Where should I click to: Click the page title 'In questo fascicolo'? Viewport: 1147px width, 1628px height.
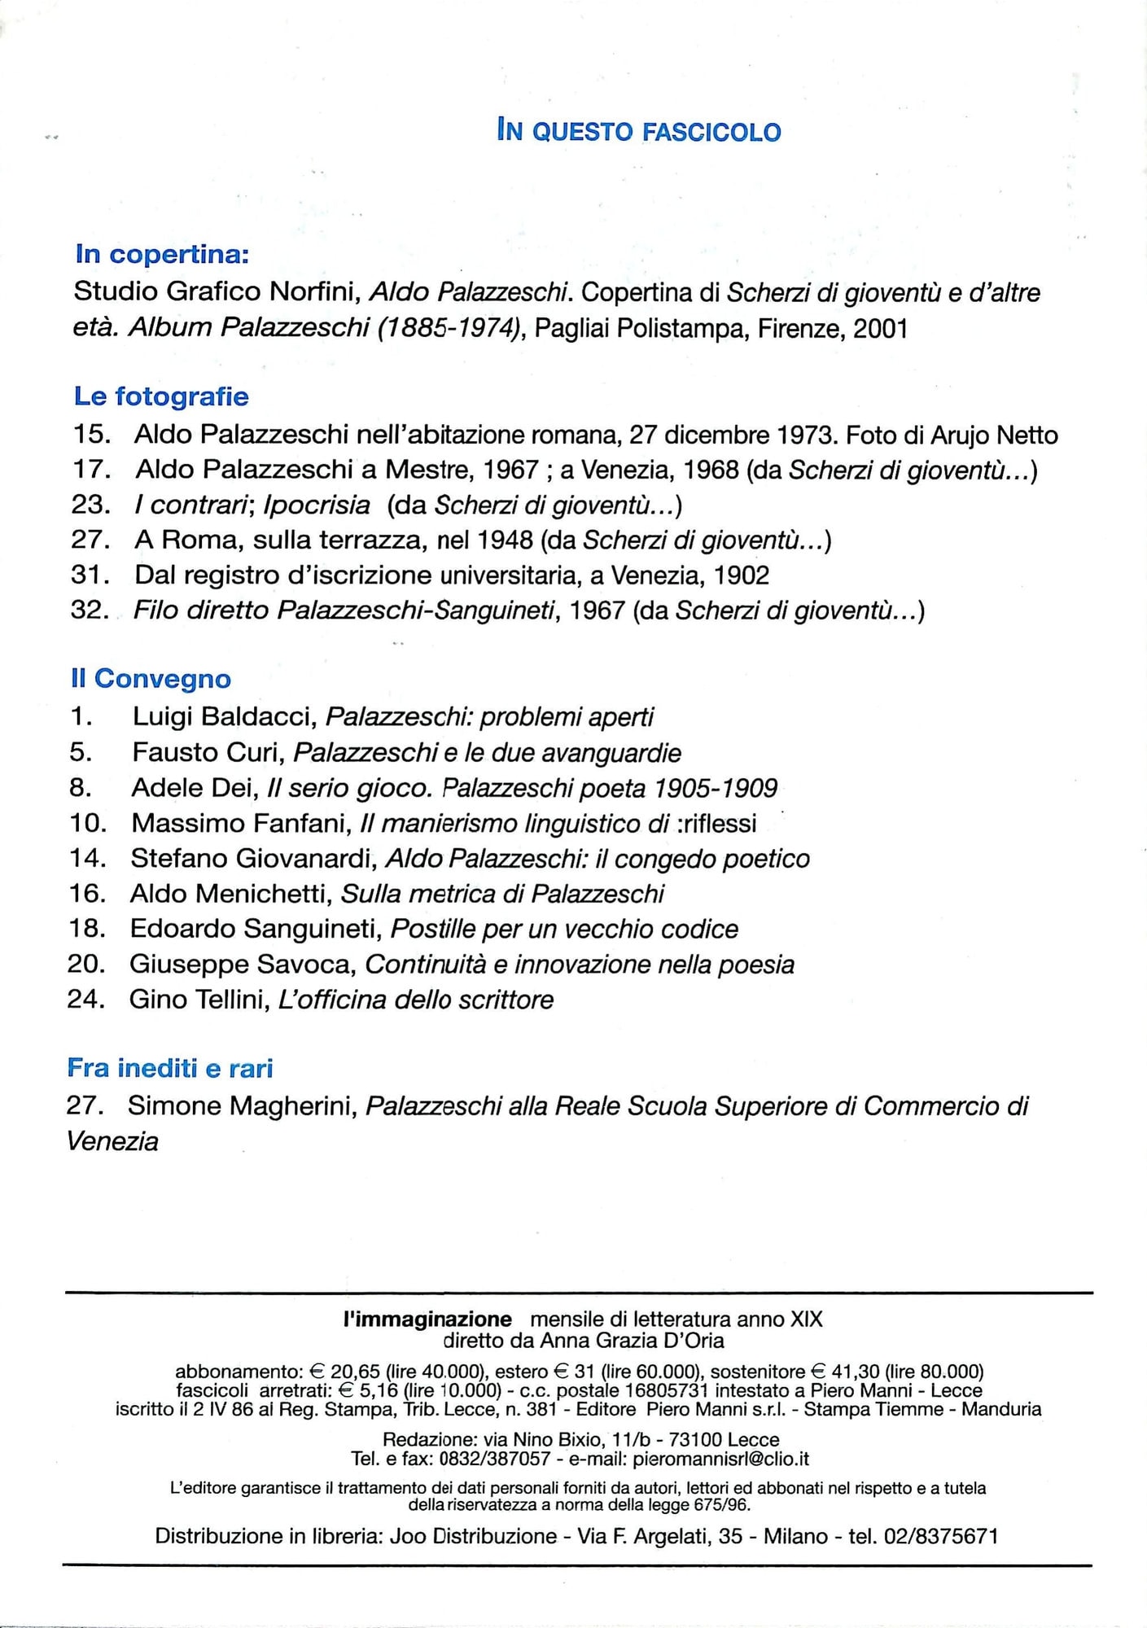pyautogui.click(x=639, y=131)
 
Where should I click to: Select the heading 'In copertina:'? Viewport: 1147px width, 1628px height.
pyautogui.click(x=162, y=255)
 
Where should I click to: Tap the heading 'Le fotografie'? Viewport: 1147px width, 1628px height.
pyautogui.click(x=161, y=396)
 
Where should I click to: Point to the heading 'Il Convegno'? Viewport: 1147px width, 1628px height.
pyautogui.click(x=151, y=679)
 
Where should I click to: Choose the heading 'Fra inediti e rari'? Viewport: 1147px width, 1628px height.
pyautogui.click(x=170, y=1068)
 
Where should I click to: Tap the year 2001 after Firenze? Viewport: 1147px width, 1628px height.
pyautogui.click(x=880, y=328)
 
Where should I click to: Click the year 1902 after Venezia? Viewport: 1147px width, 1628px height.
pyautogui.click(x=741, y=575)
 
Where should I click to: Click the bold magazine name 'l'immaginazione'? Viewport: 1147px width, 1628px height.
pyautogui.click(x=427, y=1319)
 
